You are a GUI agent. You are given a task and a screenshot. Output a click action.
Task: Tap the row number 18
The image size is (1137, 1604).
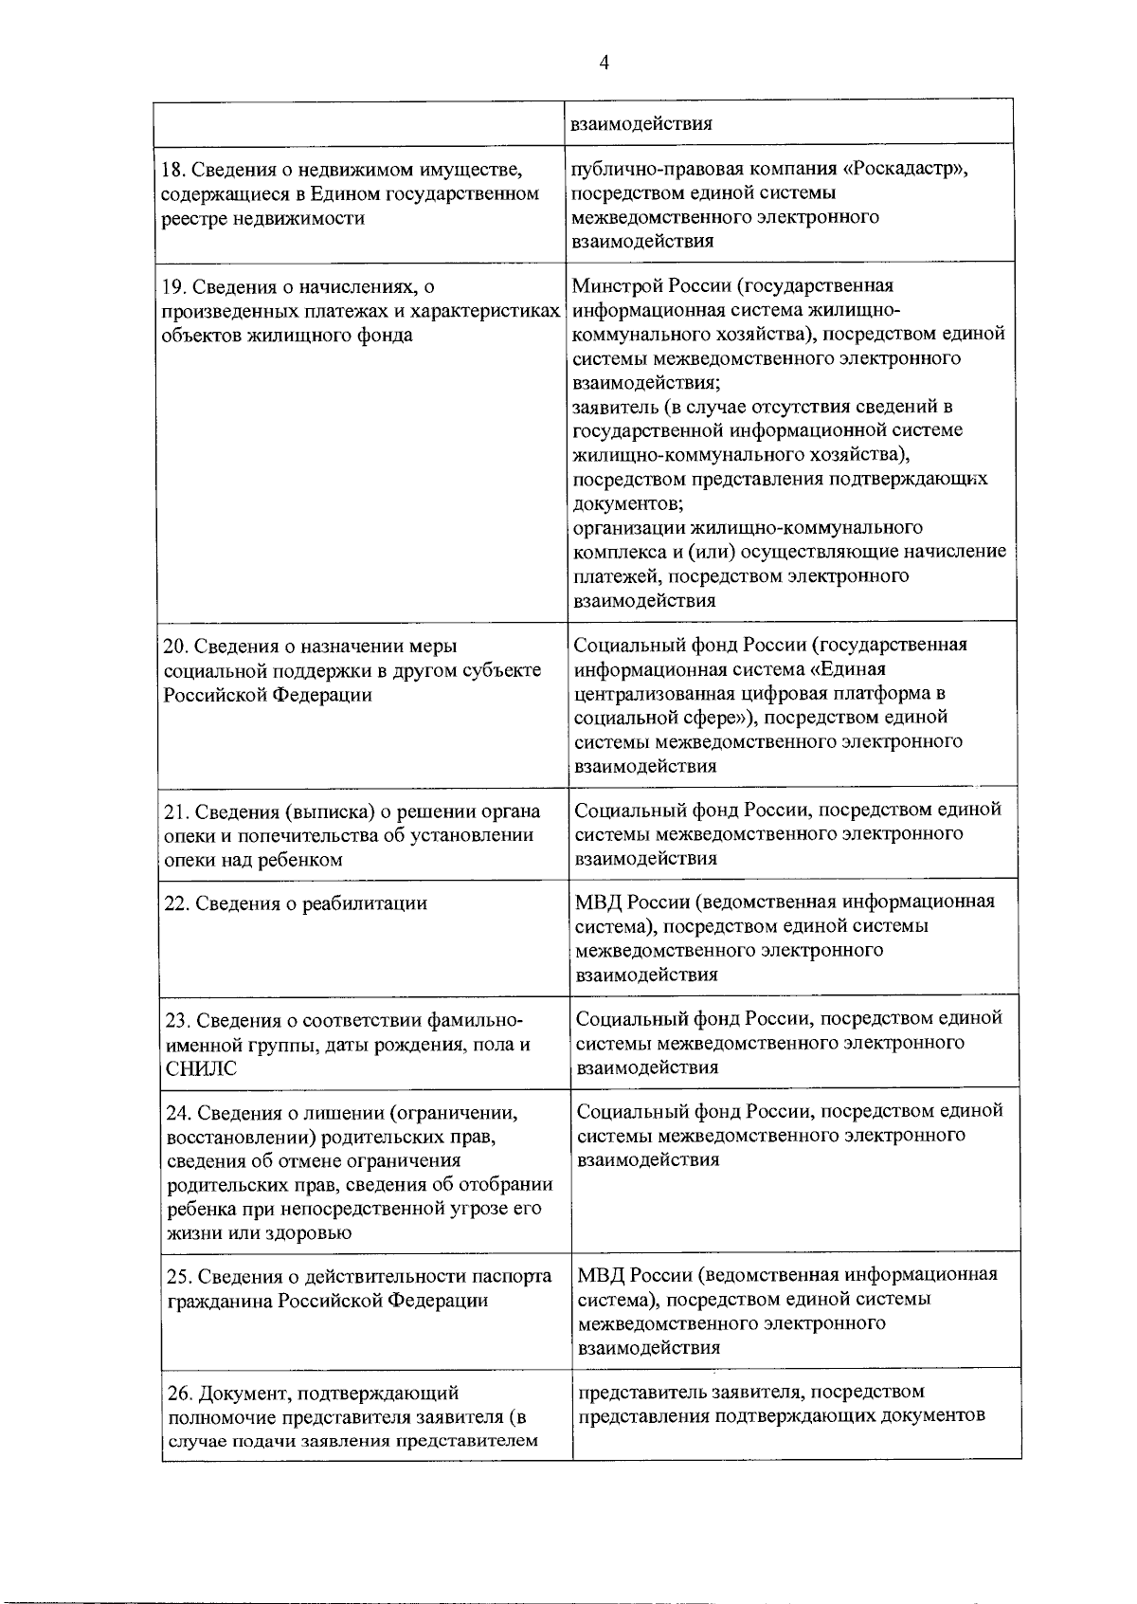pos(171,170)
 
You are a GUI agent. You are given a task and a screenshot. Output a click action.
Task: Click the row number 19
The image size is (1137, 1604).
pos(171,285)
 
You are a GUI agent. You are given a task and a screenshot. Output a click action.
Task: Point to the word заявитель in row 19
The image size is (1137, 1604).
pos(614,407)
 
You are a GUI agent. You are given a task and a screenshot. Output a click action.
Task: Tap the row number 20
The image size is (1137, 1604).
pos(174,647)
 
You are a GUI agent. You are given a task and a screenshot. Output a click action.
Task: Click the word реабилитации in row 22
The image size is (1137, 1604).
pos(364,903)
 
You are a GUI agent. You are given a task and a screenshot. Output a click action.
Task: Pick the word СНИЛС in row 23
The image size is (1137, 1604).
pos(201,1069)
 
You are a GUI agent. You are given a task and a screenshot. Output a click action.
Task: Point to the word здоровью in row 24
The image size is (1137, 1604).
pos(314,1233)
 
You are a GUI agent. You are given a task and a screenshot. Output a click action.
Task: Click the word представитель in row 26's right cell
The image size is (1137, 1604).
pos(636,1392)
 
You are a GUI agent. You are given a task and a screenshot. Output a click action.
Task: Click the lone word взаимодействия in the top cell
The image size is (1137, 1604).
pos(641,123)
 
